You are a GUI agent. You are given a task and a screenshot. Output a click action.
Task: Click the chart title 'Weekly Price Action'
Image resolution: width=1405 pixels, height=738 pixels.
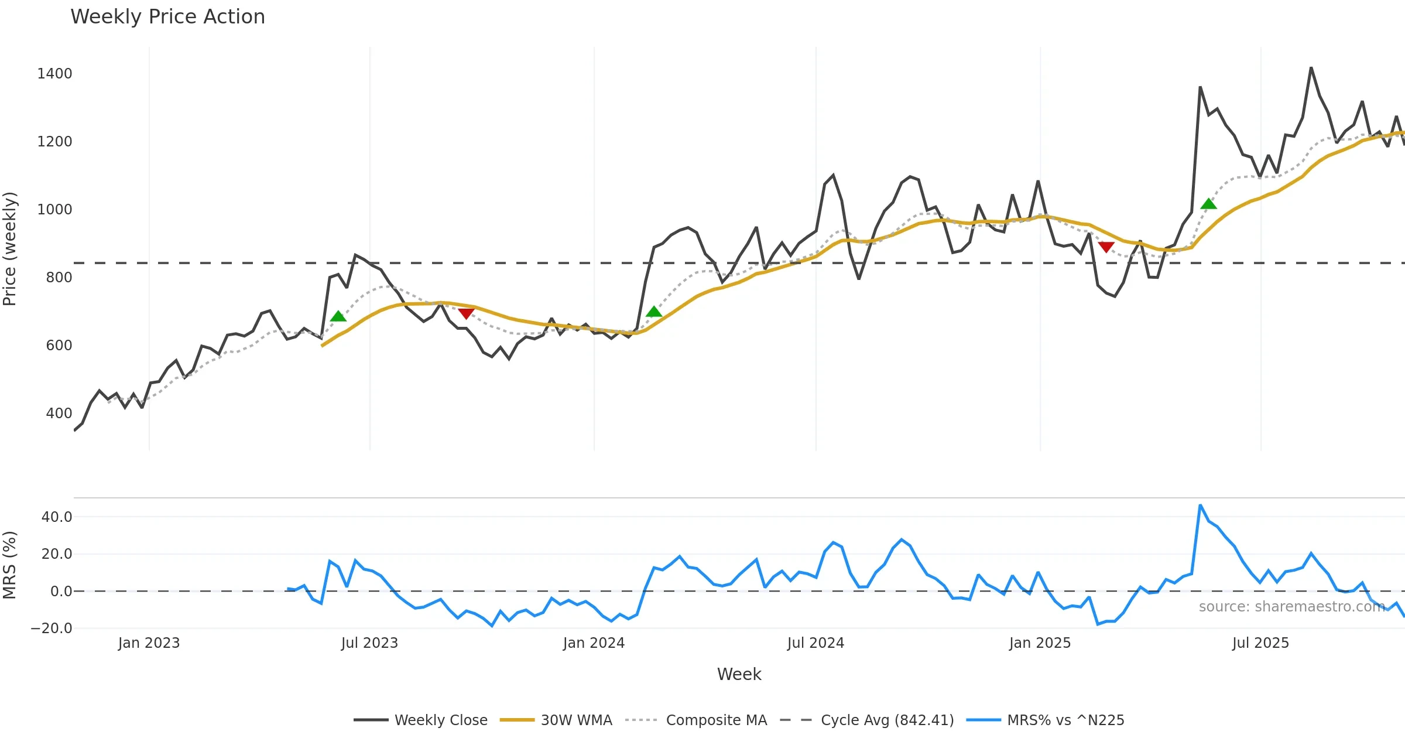click(x=167, y=17)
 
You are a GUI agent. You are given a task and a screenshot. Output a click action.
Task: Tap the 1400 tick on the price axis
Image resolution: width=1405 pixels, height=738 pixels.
click(x=54, y=74)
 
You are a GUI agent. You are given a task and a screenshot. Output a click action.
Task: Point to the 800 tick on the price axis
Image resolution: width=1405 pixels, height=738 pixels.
click(x=59, y=278)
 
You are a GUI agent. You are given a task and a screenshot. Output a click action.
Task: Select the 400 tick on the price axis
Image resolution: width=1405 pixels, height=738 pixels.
click(x=59, y=414)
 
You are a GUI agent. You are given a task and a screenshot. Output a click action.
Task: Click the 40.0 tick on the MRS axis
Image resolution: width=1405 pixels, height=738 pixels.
click(x=57, y=517)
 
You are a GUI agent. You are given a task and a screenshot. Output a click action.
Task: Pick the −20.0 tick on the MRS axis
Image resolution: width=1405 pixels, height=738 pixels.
click(x=52, y=628)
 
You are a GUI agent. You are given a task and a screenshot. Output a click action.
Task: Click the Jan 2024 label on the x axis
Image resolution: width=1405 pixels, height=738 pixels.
click(x=594, y=643)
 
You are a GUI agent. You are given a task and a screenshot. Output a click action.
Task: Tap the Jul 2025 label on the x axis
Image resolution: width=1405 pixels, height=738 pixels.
click(x=1260, y=643)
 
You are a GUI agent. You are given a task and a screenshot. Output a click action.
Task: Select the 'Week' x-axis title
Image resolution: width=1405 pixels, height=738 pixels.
click(x=739, y=675)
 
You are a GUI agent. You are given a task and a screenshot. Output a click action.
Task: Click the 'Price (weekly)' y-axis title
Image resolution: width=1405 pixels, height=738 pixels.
click(x=10, y=249)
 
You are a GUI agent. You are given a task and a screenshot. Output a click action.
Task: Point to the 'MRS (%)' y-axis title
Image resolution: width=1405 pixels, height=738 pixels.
click(x=10, y=565)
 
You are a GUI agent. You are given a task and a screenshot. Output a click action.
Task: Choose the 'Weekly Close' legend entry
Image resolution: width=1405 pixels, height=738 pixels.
click(x=440, y=720)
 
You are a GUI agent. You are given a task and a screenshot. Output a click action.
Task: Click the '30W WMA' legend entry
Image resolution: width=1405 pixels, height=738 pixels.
click(x=576, y=720)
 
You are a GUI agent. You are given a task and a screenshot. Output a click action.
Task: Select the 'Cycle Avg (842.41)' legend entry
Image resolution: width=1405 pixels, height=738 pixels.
click(x=887, y=720)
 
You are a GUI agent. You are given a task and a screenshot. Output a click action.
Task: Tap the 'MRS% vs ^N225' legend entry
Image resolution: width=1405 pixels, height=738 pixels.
click(x=1065, y=720)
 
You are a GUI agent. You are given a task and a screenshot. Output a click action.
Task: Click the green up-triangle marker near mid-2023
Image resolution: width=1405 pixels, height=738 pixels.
click(x=338, y=316)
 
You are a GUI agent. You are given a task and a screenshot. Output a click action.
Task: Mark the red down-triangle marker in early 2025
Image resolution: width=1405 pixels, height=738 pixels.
click(x=1106, y=247)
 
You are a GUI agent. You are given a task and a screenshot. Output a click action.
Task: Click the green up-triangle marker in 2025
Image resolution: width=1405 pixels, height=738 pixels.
click(x=1208, y=204)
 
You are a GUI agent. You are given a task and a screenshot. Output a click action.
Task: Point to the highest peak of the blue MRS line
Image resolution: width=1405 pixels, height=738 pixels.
click(x=1200, y=505)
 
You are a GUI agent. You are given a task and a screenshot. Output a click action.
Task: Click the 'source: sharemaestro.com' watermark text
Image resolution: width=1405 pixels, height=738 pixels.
click(x=1291, y=607)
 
